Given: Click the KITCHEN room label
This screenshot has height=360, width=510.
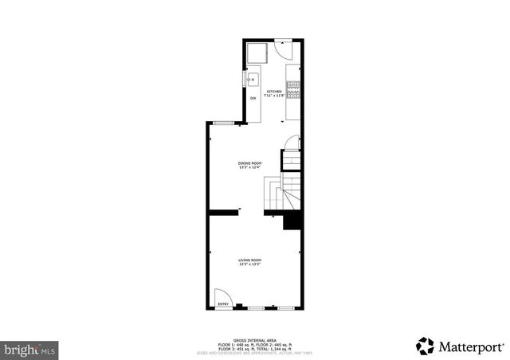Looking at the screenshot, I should tap(274, 92).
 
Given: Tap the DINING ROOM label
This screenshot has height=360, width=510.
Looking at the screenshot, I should tap(249, 163).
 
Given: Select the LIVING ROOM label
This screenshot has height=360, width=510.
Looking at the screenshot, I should tap(249, 260).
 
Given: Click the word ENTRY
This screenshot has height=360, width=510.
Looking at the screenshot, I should tap(223, 303).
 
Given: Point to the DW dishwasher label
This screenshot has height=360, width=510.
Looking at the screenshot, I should tap(253, 98).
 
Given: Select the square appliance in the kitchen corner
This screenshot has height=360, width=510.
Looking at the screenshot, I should tap(257, 53).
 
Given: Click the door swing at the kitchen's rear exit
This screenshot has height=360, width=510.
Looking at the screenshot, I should tap(281, 48).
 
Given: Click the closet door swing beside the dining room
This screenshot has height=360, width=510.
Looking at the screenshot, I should tap(292, 143).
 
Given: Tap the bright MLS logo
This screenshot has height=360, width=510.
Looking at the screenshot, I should tap(30, 349).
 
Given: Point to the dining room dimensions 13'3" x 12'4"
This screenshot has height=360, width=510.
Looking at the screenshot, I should tap(249, 168).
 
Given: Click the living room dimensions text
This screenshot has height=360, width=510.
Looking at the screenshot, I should tap(249, 265).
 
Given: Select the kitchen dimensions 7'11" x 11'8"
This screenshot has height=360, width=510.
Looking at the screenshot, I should tap(275, 96).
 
